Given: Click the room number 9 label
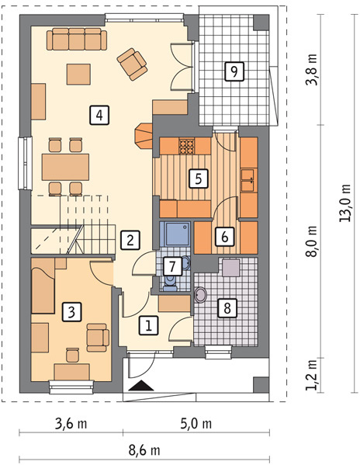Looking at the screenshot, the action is [x=234, y=71].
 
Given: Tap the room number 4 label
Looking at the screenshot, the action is [x=99, y=115].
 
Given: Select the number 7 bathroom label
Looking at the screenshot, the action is [x=172, y=266].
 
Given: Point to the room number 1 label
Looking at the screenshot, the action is [x=149, y=325].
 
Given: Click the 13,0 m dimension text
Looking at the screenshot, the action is [x=345, y=203].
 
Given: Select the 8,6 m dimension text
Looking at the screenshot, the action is [x=144, y=451].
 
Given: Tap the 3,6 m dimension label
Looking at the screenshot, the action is [x=71, y=424].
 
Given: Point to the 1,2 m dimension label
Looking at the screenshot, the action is [x=312, y=375].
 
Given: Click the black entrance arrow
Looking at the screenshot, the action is [x=141, y=385].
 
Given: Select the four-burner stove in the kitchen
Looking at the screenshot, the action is [x=187, y=146].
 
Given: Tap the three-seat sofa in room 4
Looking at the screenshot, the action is [x=77, y=39].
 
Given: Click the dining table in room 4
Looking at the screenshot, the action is [x=65, y=167].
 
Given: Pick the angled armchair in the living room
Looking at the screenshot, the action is [x=132, y=64].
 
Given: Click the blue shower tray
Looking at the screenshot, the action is [x=175, y=235].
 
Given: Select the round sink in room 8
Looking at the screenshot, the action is [x=201, y=295].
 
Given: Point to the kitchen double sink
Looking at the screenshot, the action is [x=247, y=180].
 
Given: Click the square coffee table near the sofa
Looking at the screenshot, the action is [x=78, y=75].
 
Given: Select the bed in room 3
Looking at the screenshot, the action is [x=43, y=286].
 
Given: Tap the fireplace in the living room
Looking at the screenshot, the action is [x=144, y=136].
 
